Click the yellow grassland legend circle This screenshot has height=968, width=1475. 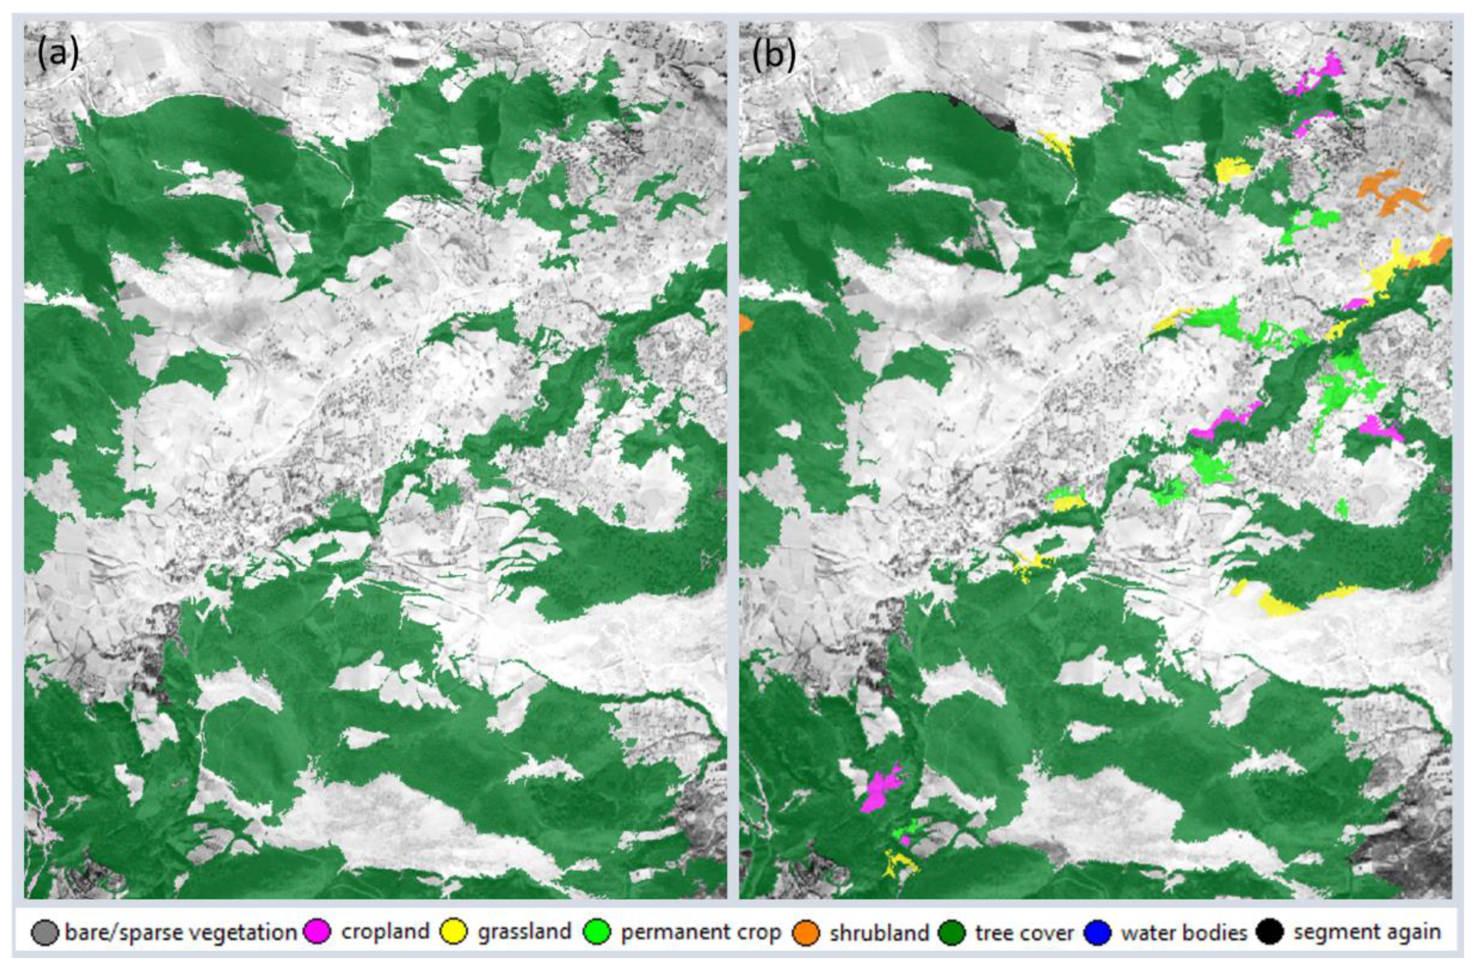(x=454, y=932)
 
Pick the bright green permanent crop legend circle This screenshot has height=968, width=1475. (x=599, y=932)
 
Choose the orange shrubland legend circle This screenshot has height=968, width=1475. (x=807, y=932)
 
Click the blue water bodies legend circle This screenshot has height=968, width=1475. (x=1097, y=932)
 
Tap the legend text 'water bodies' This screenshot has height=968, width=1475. (x=1183, y=932)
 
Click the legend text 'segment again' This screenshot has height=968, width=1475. (x=1366, y=932)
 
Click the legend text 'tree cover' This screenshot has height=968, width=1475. (x=1024, y=932)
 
